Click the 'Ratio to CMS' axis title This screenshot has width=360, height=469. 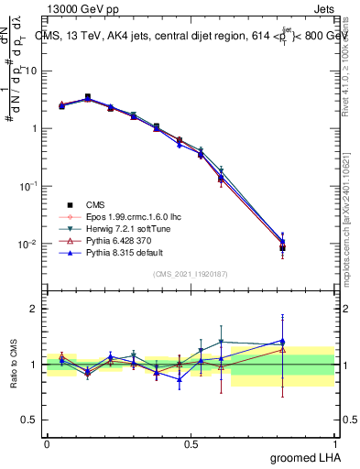15,365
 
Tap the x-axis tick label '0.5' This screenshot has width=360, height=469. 191,442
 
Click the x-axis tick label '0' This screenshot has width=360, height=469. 47,442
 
